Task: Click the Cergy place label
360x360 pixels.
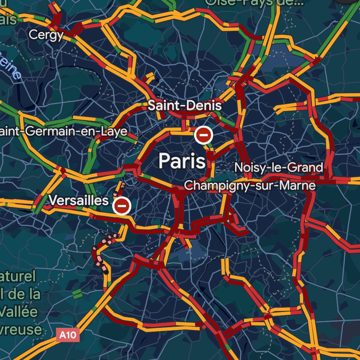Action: [46, 35]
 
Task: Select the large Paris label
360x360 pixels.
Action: [182, 161]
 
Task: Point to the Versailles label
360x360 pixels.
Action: [78, 200]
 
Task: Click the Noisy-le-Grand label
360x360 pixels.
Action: [279, 167]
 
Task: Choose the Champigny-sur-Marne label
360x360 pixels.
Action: [250, 185]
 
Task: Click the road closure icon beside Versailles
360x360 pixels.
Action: [122, 205]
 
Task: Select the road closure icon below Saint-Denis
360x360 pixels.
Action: [204, 135]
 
